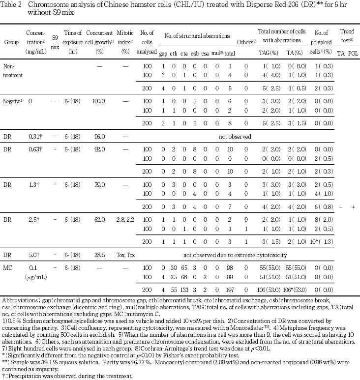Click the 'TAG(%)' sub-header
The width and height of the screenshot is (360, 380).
pyautogui.click(x=268, y=51)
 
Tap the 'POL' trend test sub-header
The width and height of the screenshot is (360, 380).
pyautogui.click(x=352, y=51)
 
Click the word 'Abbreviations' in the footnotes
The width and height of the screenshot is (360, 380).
pyautogui.click(x=18, y=299)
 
